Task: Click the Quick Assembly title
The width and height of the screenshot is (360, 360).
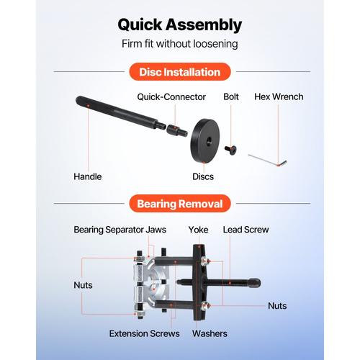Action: pos(180,25)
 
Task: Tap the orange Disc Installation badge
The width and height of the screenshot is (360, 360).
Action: pos(180,72)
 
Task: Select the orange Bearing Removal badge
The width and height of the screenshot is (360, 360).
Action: pos(180,204)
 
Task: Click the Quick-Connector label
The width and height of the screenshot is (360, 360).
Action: pos(171,97)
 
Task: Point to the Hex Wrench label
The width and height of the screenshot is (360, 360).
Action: pos(279,96)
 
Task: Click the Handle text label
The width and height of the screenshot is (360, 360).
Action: pos(88,176)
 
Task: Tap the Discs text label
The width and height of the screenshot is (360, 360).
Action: pos(203,176)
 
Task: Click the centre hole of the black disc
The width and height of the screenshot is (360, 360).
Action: pos(209,141)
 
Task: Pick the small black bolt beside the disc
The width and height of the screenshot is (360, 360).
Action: pos(230,150)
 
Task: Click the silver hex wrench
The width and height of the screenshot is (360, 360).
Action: pos(267,160)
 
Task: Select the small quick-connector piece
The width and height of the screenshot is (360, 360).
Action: pos(176,130)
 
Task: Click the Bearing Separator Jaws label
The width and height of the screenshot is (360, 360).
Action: pos(120,230)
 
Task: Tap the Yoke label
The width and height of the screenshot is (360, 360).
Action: pos(198,230)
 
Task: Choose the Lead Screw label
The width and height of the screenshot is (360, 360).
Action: pos(246,230)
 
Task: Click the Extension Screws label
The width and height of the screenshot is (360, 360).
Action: pos(144,333)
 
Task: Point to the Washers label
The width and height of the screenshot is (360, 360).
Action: pos(210,333)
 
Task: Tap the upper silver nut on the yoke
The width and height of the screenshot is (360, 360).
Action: pos(205,261)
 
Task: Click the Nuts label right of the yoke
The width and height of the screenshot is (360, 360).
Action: pos(277,306)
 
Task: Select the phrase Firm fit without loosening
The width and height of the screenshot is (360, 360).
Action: pos(180,44)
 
